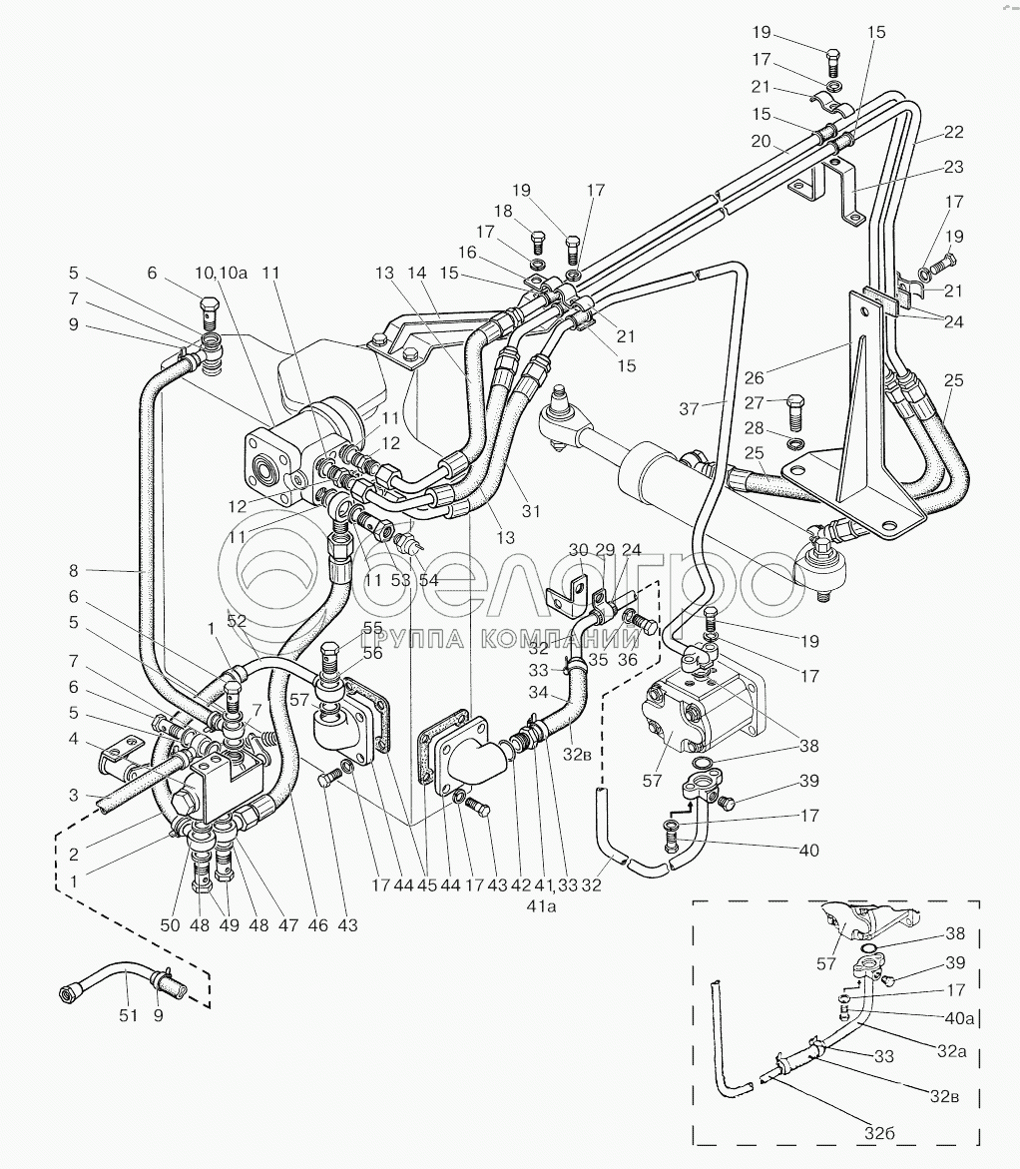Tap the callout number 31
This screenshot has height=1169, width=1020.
tap(530, 513)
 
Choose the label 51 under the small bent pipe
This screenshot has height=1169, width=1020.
tap(126, 1017)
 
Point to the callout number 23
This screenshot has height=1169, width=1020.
tap(953, 167)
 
